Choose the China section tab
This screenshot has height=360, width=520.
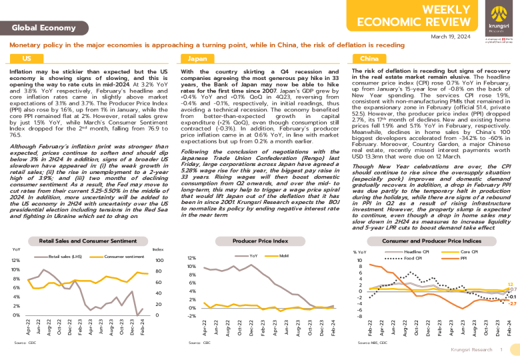369,59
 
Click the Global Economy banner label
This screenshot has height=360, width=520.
44,28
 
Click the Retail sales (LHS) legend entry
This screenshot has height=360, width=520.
64,256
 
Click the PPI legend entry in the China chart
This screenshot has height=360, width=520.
465,257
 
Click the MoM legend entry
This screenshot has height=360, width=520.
283,256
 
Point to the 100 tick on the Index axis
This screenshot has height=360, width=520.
159,261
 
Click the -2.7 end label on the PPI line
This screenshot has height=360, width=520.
512,303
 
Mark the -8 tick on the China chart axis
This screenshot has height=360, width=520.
361,317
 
